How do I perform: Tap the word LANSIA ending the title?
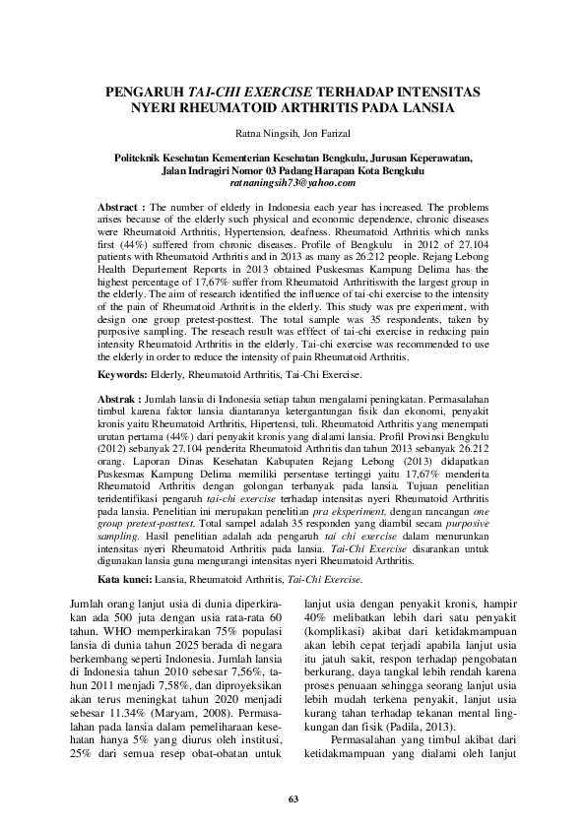(424, 109)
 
